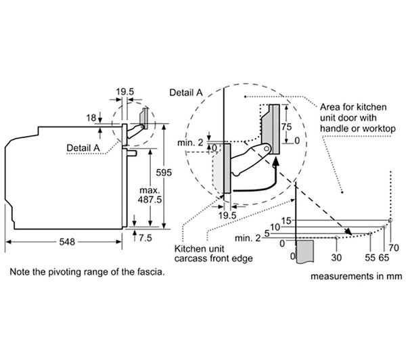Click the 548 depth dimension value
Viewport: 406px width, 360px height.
[67, 242]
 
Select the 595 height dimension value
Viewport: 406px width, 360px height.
[164, 173]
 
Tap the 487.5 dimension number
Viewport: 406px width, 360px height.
[150, 200]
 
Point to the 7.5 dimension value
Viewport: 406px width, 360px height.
[145, 238]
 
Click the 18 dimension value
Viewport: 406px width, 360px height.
[91, 118]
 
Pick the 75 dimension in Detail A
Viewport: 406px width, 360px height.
[287, 127]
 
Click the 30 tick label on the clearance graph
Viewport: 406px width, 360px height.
[336, 257]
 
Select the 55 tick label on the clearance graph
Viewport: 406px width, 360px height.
[370, 257]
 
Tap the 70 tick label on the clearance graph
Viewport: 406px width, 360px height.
[394, 248]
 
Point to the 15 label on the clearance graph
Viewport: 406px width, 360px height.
[286, 221]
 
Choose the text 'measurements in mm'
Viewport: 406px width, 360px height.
[357, 276]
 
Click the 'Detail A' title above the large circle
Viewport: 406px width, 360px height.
[186, 93]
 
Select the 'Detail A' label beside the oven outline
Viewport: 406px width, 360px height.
[83, 148]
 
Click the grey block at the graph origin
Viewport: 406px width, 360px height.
[304, 251]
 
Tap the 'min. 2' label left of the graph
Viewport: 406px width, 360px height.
[247, 238]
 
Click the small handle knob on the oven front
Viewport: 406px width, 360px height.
[132, 153]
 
